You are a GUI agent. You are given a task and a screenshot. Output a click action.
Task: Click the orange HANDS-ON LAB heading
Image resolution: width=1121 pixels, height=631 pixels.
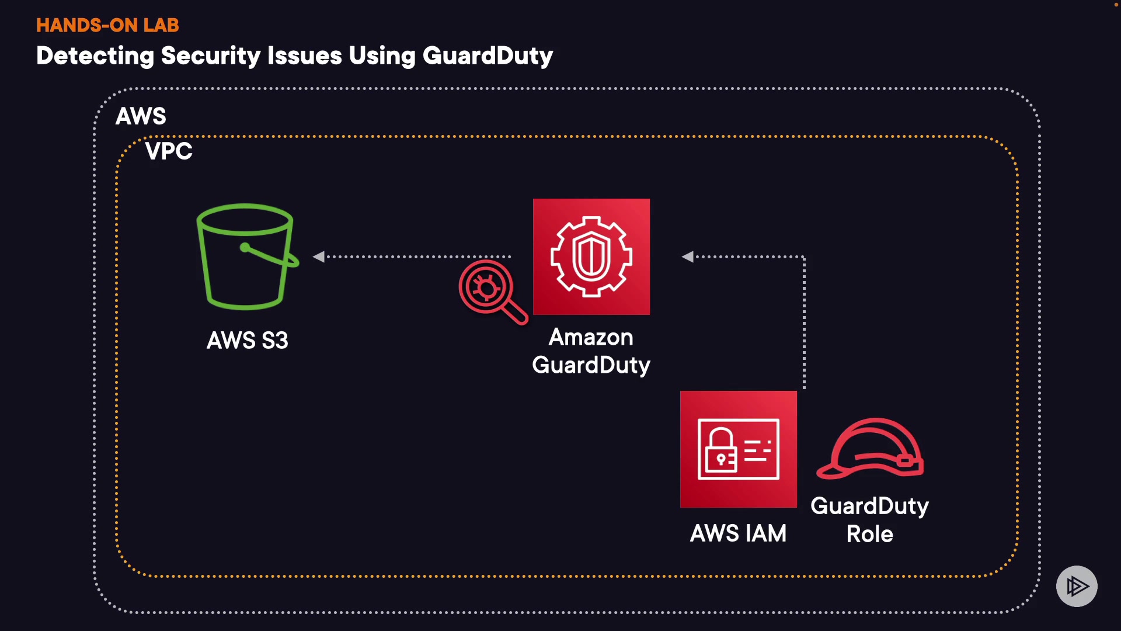click(x=107, y=25)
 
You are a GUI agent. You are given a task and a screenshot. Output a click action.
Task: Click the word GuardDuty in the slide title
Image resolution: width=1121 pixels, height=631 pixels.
click(x=488, y=56)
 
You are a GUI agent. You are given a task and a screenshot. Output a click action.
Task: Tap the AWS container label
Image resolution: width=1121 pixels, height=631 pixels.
click(x=141, y=116)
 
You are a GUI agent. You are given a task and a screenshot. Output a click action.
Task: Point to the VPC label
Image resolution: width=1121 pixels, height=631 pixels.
click(x=169, y=151)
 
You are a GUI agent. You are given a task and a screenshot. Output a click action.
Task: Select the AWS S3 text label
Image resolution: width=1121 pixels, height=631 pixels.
click(x=248, y=341)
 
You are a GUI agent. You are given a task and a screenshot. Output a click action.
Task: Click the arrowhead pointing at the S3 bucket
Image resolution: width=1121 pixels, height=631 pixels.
click(x=319, y=256)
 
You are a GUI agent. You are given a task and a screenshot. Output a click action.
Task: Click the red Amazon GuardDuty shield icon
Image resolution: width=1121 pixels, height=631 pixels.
click(x=591, y=256)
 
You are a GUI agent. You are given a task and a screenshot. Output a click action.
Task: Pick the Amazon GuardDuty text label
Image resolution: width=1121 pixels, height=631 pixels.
click(x=591, y=351)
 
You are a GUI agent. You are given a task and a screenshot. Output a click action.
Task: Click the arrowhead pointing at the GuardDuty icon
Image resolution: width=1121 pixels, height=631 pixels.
click(x=688, y=256)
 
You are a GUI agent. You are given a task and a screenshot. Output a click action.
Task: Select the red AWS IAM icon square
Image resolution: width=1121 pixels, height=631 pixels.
click(x=738, y=449)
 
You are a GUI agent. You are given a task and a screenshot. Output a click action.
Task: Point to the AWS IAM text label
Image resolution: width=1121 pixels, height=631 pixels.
click(x=738, y=533)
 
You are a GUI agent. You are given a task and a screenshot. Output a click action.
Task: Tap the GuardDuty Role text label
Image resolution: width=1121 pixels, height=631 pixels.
click(x=870, y=519)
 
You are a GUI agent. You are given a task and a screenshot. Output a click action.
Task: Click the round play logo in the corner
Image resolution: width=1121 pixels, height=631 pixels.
click(x=1077, y=586)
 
